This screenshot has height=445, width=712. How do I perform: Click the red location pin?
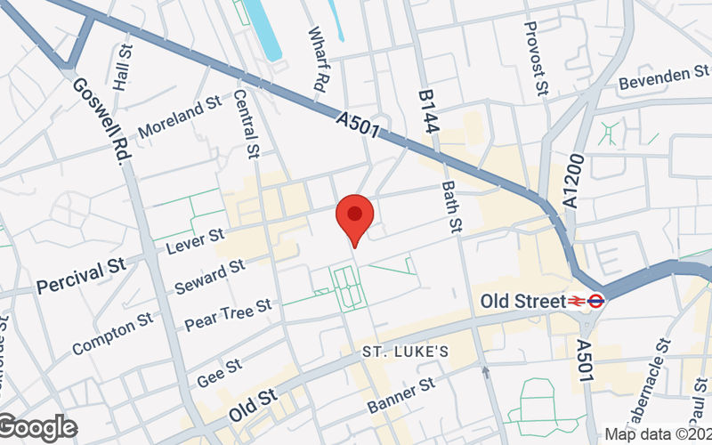pos(354,219)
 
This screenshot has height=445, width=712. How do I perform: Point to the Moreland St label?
pos(179,115)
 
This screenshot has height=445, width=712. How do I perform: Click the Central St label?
pos(245,120)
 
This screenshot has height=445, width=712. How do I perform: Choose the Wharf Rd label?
pos(317,60)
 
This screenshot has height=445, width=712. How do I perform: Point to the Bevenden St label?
pos(663,78)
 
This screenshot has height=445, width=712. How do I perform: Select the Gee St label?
pos(220,372)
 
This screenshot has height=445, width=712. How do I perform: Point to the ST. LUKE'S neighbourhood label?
pos(405,352)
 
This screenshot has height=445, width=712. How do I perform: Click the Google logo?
pos(37,428)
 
